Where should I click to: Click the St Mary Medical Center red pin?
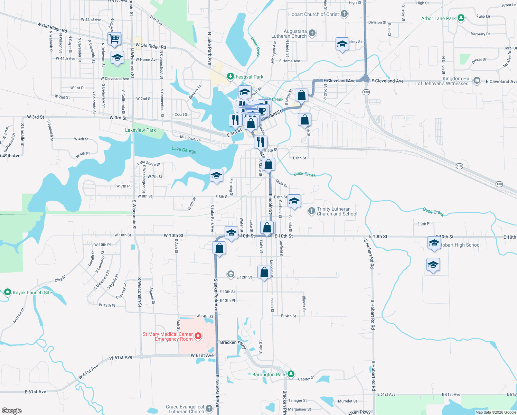point(198,336)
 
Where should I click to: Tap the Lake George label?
point(184,150)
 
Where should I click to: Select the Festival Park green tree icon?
point(231,76)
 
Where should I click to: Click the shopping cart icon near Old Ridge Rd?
point(114,38)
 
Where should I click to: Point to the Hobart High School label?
point(461,245)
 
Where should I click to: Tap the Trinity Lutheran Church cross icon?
point(311,211)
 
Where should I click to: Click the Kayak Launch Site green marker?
point(7,292)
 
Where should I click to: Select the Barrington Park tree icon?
point(291,374)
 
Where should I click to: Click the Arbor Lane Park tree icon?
point(461,18)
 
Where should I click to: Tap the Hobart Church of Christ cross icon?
point(344,14)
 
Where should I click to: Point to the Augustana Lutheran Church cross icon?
point(312,33)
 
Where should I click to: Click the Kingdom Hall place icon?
point(477,81)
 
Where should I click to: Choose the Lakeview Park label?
point(140,130)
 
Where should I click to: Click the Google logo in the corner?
point(12,411)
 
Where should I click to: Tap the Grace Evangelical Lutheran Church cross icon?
point(209,409)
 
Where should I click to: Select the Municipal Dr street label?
point(190,138)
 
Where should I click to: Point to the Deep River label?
point(255,47)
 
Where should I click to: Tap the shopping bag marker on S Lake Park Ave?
point(219,248)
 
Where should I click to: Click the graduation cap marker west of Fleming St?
point(216,175)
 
